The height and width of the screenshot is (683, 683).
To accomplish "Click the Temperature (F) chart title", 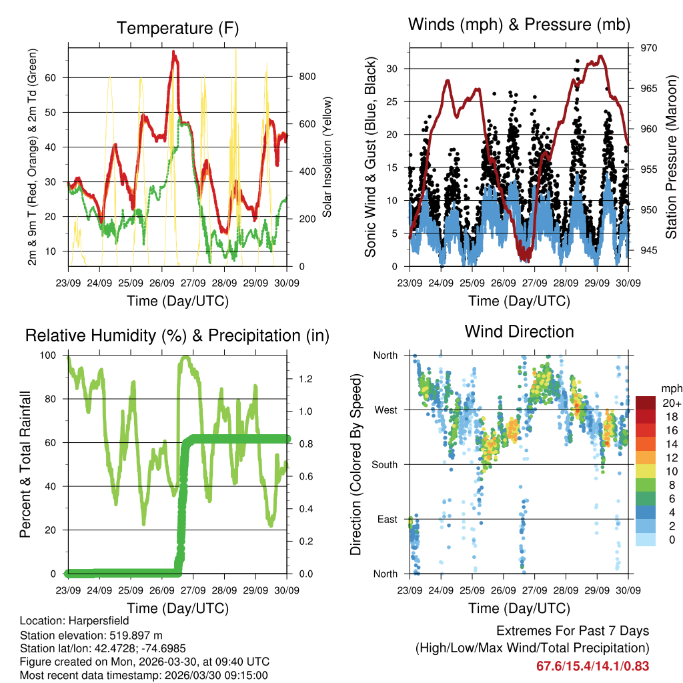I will pyautogui.click(x=177, y=28).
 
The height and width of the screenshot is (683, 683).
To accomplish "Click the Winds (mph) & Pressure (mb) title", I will pyautogui.click(x=520, y=25).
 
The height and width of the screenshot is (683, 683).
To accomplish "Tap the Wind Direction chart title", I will pyautogui.click(x=519, y=331).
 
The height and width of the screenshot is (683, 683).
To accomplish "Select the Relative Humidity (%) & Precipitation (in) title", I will pyautogui.click(x=177, y=335).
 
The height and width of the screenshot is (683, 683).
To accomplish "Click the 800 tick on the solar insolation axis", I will pyautogui.click(x=307, y=77).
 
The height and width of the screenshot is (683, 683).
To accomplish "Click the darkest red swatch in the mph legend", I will pyautogui.click(x=645, y=403).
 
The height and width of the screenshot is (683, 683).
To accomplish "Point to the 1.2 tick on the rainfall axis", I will pyautogui.click(x=305, y=379).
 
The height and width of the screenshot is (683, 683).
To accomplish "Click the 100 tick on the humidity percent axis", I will pyautogui.click(x=49, y=355).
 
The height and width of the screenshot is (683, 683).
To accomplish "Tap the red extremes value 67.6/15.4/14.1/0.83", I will pyautogui.click(x=592, y=666).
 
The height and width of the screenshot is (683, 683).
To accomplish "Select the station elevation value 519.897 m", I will pyautogui.click(x=131, y=635).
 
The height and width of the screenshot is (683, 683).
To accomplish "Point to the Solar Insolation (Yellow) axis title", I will pyautogui.click(x=327, y=157).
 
